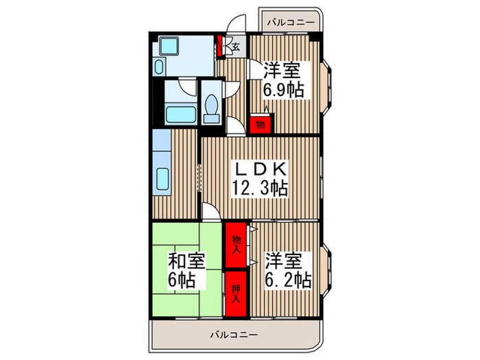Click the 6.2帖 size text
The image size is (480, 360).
288,280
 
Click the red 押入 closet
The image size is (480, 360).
235,295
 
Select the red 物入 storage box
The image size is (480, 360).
235,243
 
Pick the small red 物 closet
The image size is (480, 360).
260,125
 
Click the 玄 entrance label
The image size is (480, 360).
235,47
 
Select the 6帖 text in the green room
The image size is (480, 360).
183,280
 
